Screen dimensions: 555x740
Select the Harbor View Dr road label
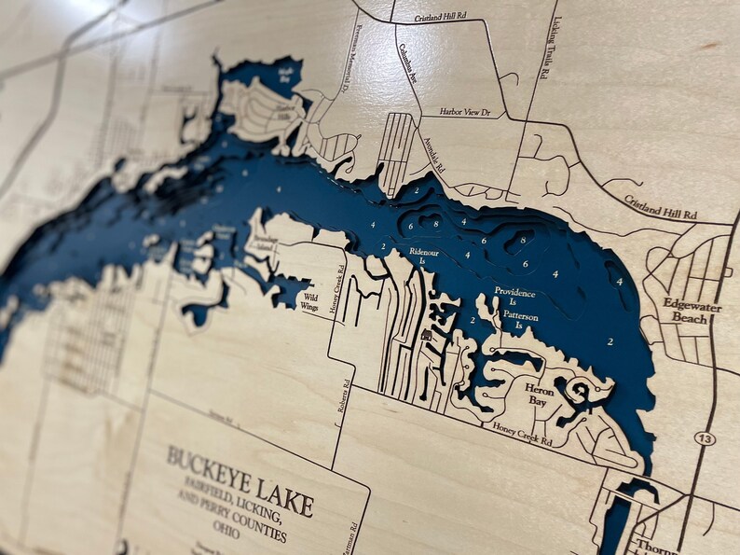coord(471,113)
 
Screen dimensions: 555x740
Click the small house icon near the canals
coord(427,334)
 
